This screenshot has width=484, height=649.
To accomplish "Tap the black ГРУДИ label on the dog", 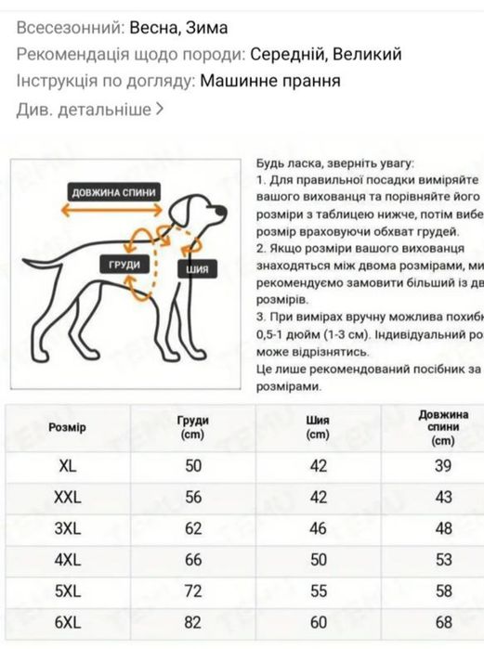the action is pos(124,265).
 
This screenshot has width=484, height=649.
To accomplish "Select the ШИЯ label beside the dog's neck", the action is pos(197,269).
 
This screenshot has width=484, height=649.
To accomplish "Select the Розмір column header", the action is pos(67,427).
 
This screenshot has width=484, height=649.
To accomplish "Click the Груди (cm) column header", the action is pos(193,427).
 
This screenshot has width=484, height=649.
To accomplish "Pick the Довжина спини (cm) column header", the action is pos(443,427).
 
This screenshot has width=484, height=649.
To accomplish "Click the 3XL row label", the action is pos(68,528).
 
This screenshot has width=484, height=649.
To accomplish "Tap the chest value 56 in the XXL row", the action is pos(193,498).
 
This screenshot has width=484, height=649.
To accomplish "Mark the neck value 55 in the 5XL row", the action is pos(318,590).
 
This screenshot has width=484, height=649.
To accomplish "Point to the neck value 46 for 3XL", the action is pos(318,528).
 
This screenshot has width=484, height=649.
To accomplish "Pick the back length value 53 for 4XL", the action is pos(443,559).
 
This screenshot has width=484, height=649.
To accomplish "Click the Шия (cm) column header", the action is pos(318,427).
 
